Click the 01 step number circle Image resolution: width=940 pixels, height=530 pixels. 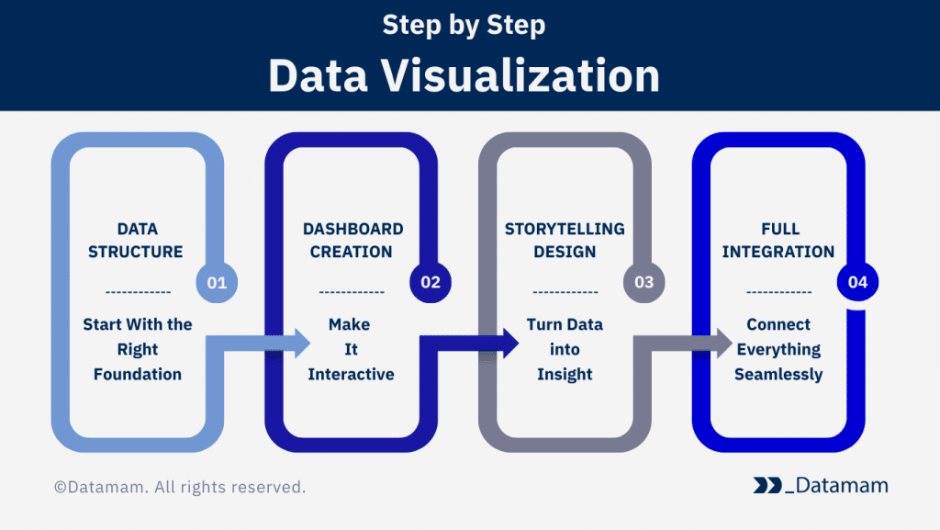pos(217,282)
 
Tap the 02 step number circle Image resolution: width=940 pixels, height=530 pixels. pos(431,282)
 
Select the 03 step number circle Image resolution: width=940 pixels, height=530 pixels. pos(644,282)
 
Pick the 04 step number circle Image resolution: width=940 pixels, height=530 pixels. pos(857,282)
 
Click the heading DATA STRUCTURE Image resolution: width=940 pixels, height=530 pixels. pos(136,240)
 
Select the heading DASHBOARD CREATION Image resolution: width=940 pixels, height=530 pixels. pos(352,240)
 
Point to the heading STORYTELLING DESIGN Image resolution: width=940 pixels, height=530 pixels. pos(565,240)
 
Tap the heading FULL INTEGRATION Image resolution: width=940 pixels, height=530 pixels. pos(778,240)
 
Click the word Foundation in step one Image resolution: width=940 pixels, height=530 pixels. pos(138,374)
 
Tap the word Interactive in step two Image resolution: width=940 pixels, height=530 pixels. pos(351,374)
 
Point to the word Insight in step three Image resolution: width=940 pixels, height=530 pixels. pos(565,374)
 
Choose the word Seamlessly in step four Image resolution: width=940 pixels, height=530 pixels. pos(778,374)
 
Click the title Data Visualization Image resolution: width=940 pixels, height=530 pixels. pos(464,76)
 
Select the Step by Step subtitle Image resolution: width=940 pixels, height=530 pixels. pos(464,25)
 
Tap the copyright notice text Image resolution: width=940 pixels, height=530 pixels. pos(180,487)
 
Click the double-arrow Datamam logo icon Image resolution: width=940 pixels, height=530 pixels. pos(767,485)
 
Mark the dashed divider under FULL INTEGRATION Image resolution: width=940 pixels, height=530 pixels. pos(778,292)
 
